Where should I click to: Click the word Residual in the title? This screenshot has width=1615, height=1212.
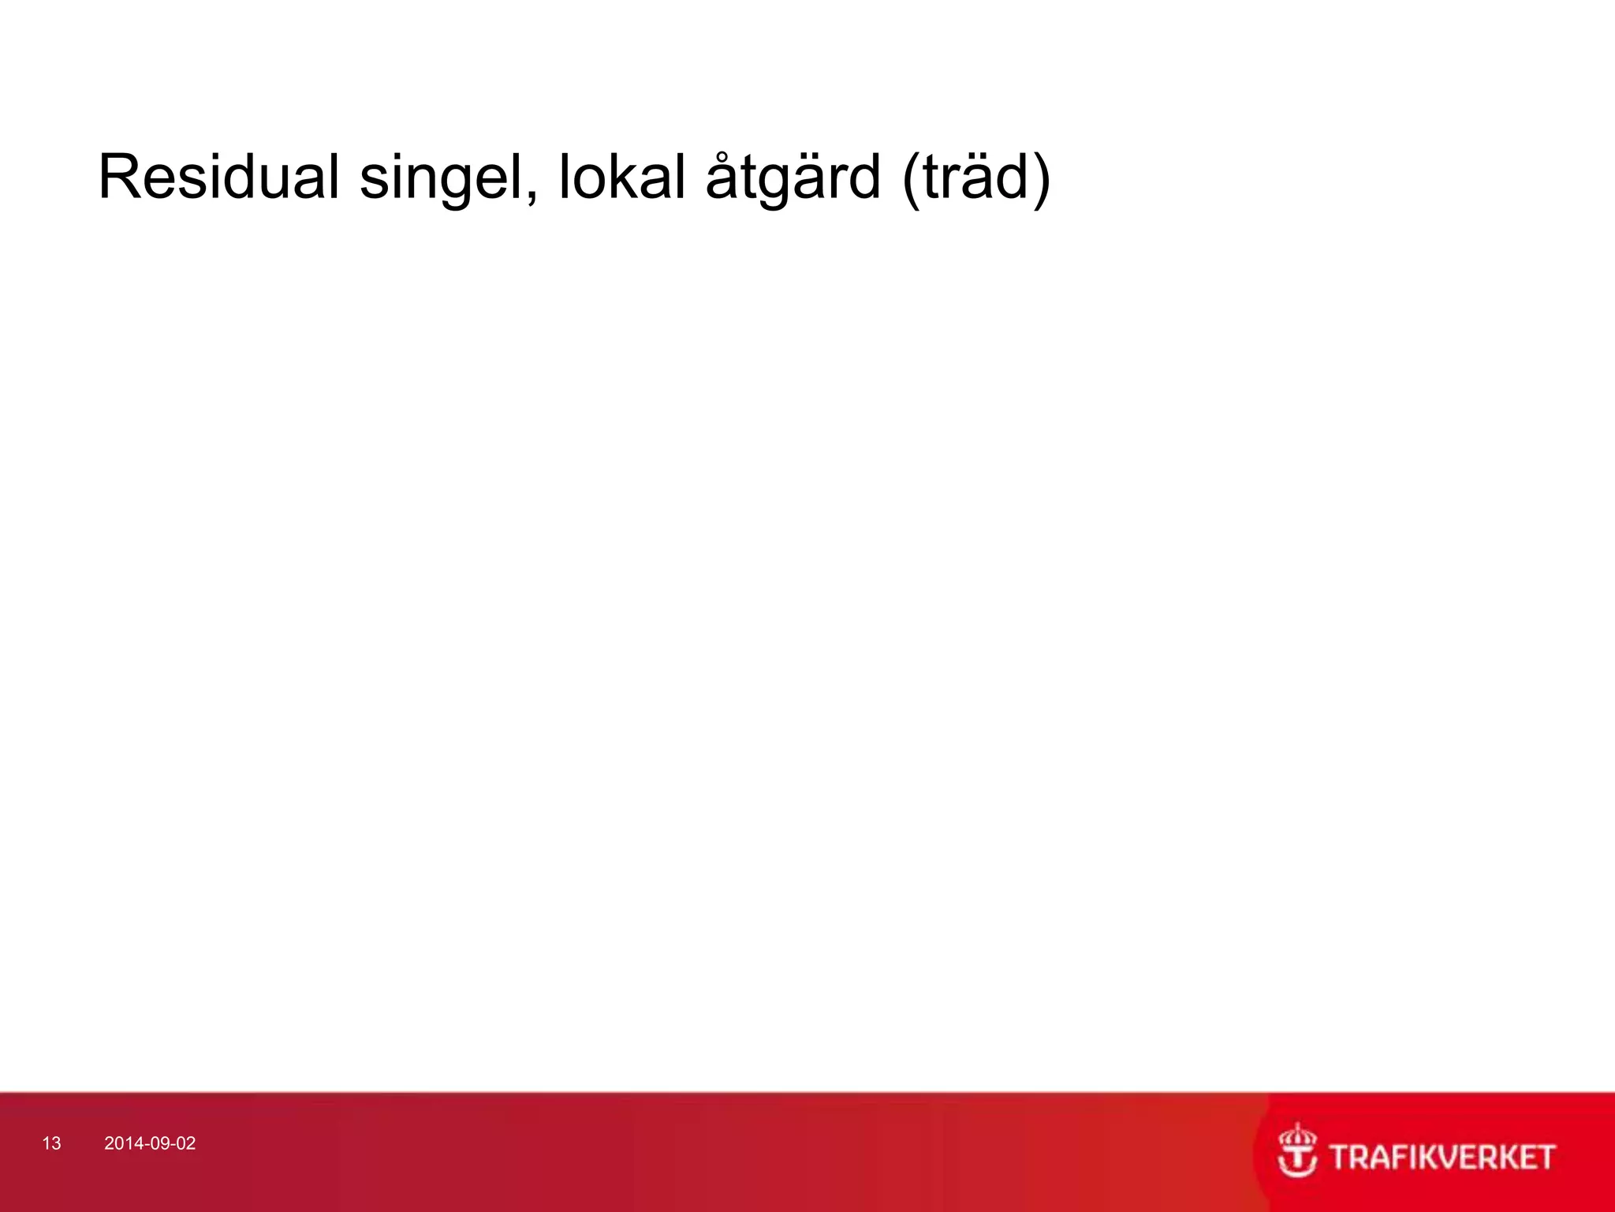point(218,177)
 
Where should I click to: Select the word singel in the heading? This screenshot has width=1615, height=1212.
point(442,178)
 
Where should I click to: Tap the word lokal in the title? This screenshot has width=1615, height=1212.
point(622,177)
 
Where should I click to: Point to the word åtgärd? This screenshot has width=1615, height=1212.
point(792,178)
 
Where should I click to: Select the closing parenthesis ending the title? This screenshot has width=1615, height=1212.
point(1041,180)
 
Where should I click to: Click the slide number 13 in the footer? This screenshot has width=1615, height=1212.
point(51,1143)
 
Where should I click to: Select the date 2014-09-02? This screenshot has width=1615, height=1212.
point(150,1143)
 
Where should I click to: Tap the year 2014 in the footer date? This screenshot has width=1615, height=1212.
point(121,1143)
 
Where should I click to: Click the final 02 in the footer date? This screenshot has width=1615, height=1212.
point(186,1143)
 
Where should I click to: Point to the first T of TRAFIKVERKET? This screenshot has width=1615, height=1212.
point(1341,1158)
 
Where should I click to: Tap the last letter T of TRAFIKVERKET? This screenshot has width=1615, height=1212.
point(1543,1158)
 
